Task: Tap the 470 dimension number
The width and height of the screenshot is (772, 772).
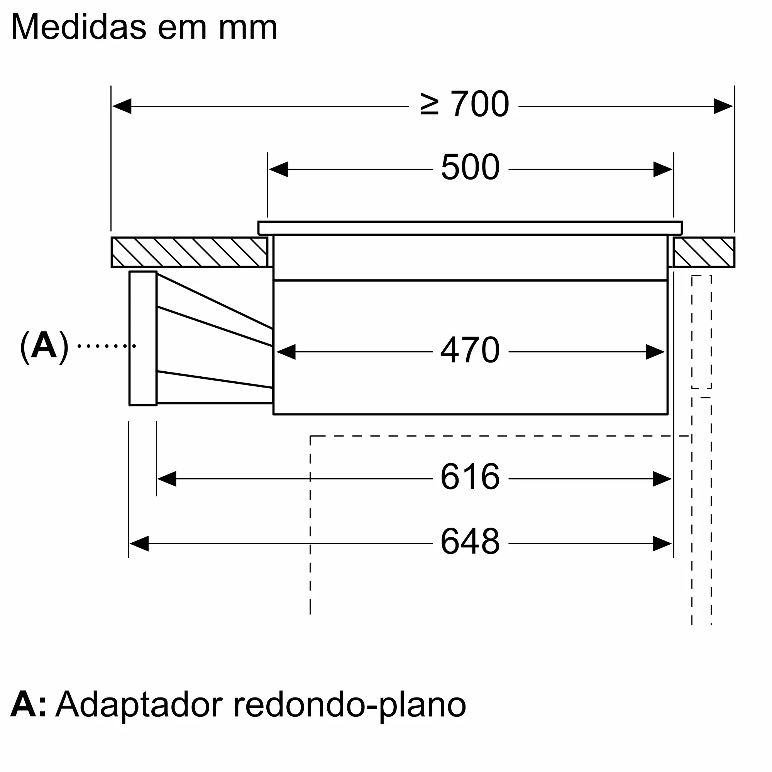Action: pyautogui.click(x=470, y=350)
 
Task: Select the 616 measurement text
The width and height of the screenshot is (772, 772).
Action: pyautogui.click(x=470, y=477)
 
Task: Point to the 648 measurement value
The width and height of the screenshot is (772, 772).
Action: pyautogui.click(x=470, y=542)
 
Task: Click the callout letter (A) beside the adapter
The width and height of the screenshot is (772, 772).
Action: pyautogui.click(x=44, y=346)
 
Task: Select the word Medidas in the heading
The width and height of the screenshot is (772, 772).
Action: pyautogui.click(x=79, y=27)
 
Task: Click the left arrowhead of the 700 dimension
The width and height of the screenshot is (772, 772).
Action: pyautogui.click(x=122, y=106)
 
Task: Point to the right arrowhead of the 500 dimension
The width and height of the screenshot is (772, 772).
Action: pyautogui.click(x=662, y=169)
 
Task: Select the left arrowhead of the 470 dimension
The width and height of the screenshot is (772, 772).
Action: pyautogui.click(x=286, y=352)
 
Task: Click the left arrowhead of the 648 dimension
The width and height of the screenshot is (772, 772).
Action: pyautogui.click(x=139, y=544)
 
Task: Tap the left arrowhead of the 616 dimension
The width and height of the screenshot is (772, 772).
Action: pyautogui.click(x=167, y=479)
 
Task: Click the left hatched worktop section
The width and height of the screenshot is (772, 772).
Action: pyautogui.click(x=190, y=252)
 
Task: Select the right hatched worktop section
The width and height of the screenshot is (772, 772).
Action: pyautogui.click(x=704, y=252)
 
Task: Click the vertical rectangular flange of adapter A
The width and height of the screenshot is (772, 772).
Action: pyautogui.click(x=143, y=339)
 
